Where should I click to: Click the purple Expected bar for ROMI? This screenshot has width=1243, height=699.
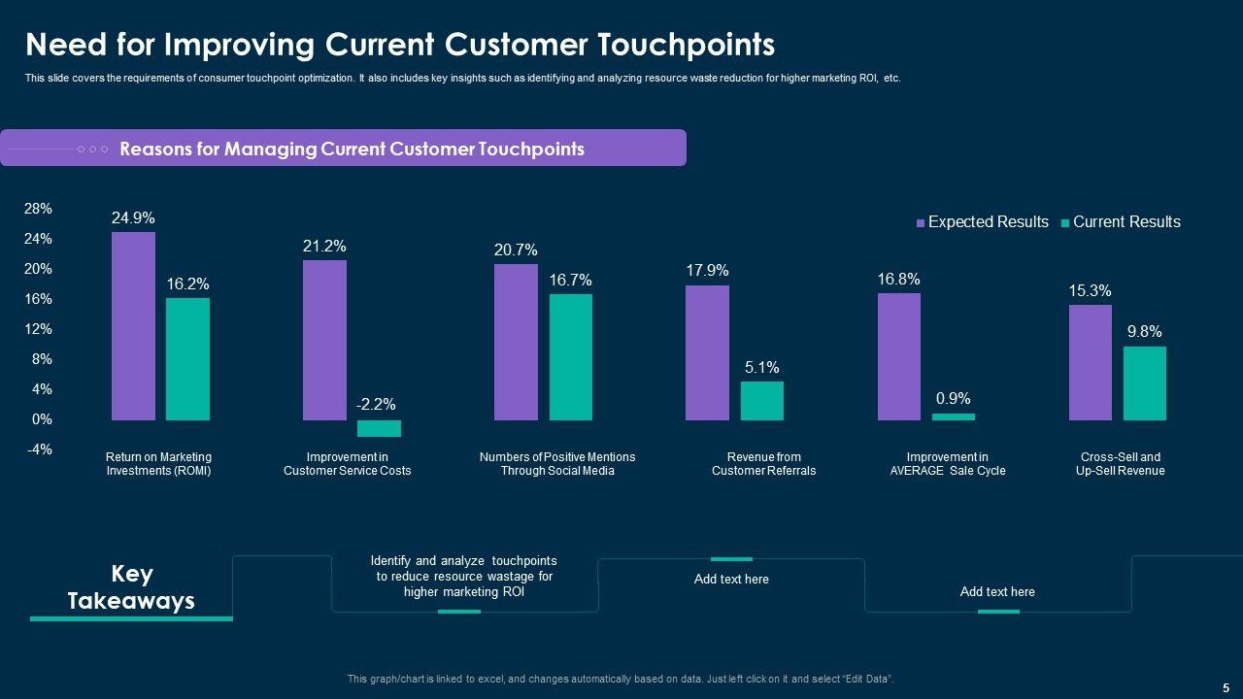click(133, 326)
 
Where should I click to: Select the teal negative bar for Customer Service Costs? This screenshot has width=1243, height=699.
click(379, 428)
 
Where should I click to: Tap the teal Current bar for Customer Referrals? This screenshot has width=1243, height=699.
click(761, 401)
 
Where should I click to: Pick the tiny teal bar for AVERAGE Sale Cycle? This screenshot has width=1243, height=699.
click(953, 416)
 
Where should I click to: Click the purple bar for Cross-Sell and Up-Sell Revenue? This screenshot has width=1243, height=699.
click(1090, 363)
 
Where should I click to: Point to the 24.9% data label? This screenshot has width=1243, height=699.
click(133, 218)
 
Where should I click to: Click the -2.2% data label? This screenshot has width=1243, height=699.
click(376, 405)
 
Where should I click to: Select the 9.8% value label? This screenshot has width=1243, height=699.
click(1144, 332)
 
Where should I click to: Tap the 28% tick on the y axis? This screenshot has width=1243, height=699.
click(39, 209)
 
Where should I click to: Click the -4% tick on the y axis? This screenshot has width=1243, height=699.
click(39, 449)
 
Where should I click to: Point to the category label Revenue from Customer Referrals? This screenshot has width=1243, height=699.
click(763, 464)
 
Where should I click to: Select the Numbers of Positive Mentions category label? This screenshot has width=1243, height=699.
click(557, 464)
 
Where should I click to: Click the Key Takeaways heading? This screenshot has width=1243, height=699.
click(131, 587)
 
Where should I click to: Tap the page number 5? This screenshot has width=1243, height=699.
click(1226, 687)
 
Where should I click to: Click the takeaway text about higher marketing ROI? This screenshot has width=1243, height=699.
click(464, 577)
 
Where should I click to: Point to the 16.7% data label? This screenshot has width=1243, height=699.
click(570, 281)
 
